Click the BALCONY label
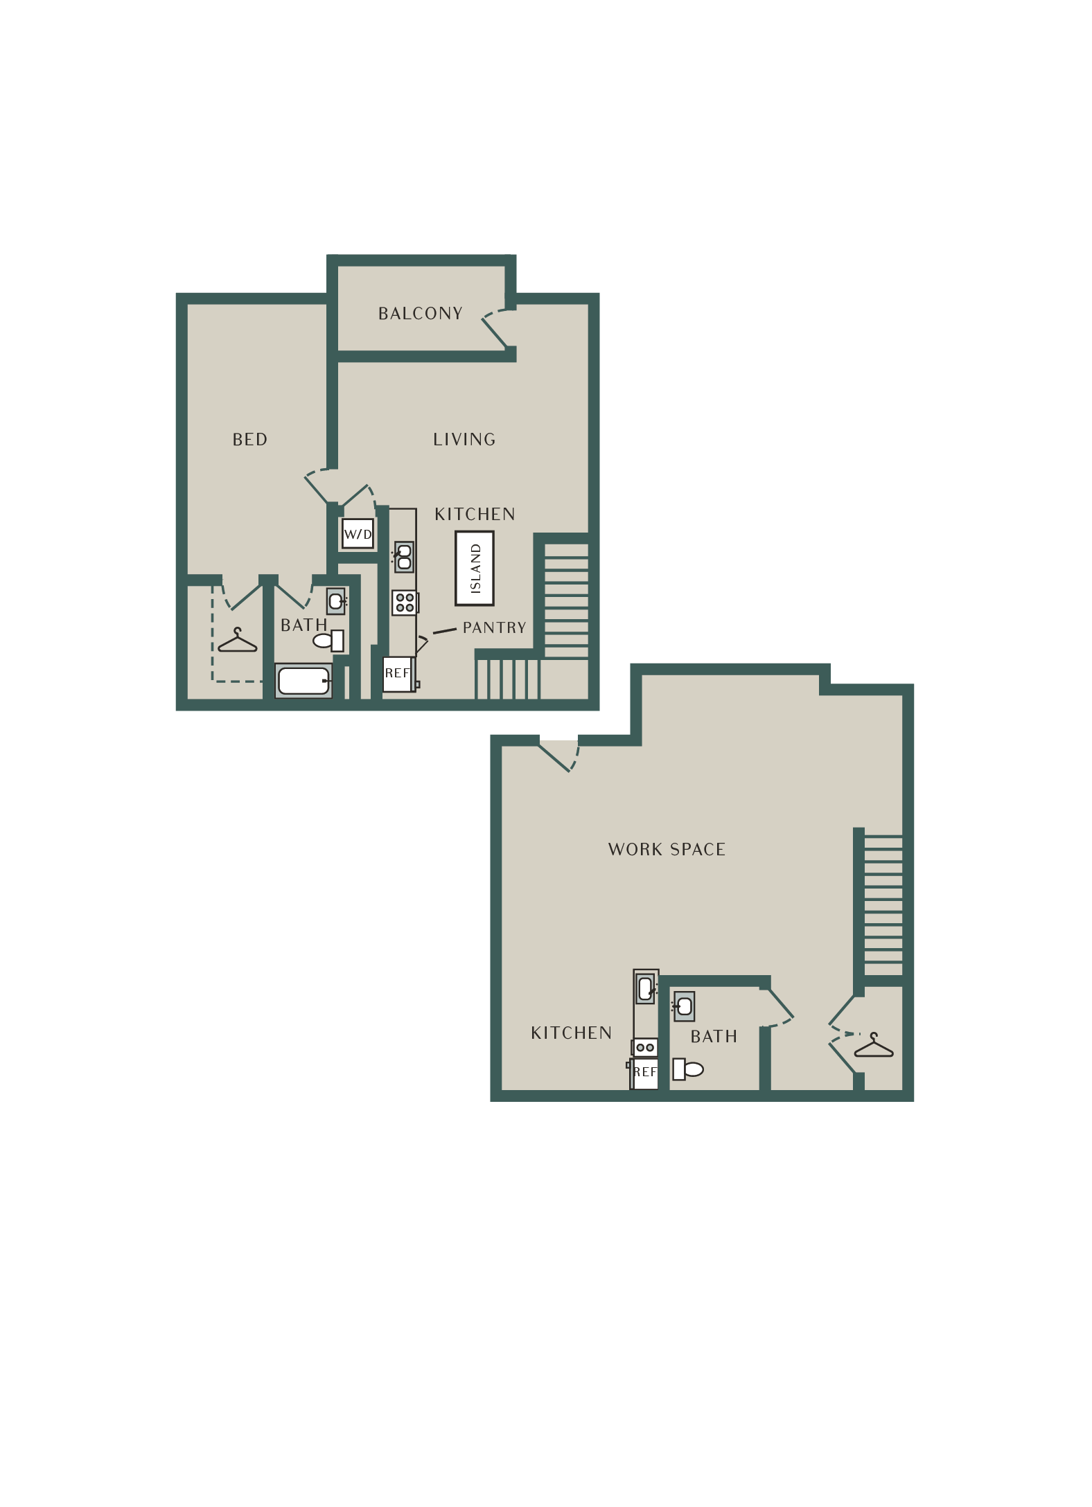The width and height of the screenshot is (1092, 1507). coord(420,314)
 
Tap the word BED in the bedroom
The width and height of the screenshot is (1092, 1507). coord(249,440)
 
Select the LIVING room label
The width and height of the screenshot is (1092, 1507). coord(464,440)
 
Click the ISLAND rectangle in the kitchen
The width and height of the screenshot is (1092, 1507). coord(475,569)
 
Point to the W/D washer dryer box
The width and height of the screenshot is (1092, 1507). coord(358,534)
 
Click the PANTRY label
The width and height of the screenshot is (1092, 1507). coord(494,628)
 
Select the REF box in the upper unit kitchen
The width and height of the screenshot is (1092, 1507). coord(398,674)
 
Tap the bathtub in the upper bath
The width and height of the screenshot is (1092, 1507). coord(304,681)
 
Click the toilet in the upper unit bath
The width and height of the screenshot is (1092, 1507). coord(328,641)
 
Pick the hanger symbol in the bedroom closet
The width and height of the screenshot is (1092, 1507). coord(238,642)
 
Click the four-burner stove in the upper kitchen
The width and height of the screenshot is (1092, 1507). coord(405,603)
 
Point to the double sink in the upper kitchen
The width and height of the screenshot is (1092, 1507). coord(404,557)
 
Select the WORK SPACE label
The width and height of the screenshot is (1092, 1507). coord(667,850)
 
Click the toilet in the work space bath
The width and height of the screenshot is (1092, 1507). coord(688,1069)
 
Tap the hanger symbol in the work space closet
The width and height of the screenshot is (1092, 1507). coord(874,1046)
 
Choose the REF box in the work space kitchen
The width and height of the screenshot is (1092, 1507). coord(645,1073)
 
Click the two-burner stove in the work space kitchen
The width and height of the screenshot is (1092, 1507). coord(645,1048)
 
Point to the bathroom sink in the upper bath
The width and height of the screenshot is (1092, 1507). coord(336,601)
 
